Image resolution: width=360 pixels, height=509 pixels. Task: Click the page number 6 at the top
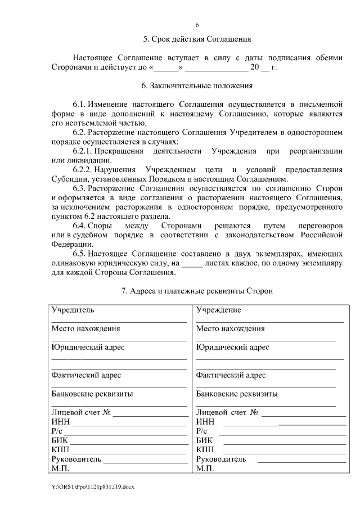[x=197, y=25]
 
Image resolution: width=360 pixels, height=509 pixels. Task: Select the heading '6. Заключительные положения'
[x=197, y=86]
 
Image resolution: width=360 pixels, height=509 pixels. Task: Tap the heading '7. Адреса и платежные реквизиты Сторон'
[x=197, y=291]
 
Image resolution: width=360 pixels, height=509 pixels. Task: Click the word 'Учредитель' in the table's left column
[x=73, y=310]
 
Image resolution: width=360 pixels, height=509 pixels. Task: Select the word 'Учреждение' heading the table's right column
[x=219, y=310]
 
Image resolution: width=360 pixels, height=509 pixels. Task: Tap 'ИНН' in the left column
[x=60, y=422]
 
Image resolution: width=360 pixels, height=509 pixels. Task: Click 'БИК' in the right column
[x=205, y=440]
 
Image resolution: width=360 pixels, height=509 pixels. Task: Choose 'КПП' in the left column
[x=60, y=449]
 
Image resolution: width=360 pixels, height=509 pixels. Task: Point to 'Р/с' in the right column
[x=202, y=431]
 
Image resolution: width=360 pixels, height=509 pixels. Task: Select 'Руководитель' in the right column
[x=221, y=459]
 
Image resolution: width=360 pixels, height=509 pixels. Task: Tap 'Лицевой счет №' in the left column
[x=82, y=412]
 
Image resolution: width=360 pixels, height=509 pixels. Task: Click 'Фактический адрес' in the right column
[x=231, y=375]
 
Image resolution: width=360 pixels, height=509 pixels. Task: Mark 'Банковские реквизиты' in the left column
[x=92, y=394]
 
